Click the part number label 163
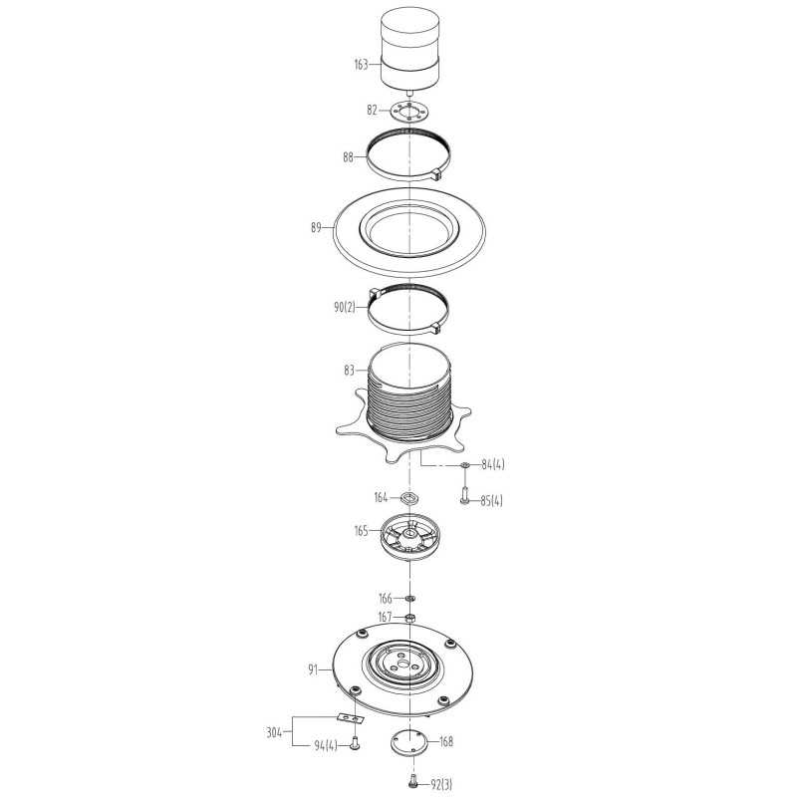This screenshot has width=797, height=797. pos(361,65)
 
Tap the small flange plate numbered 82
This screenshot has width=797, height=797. pos(409,111)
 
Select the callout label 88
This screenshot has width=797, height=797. pos(348,157)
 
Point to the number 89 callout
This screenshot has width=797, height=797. pos(316,227)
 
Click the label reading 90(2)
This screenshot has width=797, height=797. pos(345,307)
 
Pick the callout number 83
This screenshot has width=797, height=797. pos(350,370)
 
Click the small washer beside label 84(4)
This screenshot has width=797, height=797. pos(464,464)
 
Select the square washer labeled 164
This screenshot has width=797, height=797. pos(409,497)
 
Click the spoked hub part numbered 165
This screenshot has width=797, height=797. pos(409,538)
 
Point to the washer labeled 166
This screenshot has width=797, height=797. pos(410,598)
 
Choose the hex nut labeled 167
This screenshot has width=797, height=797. pos(410,618)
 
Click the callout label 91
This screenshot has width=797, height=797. pos(313,669)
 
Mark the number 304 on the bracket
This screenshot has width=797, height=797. pos(274,732)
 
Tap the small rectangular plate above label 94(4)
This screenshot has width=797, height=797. pos(352,717)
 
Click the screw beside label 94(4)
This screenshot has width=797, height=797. pos(355,743)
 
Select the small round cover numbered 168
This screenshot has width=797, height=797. pos(409,741)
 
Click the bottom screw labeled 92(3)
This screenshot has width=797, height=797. pos(412,781)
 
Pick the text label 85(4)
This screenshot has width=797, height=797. pos(491,501)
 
